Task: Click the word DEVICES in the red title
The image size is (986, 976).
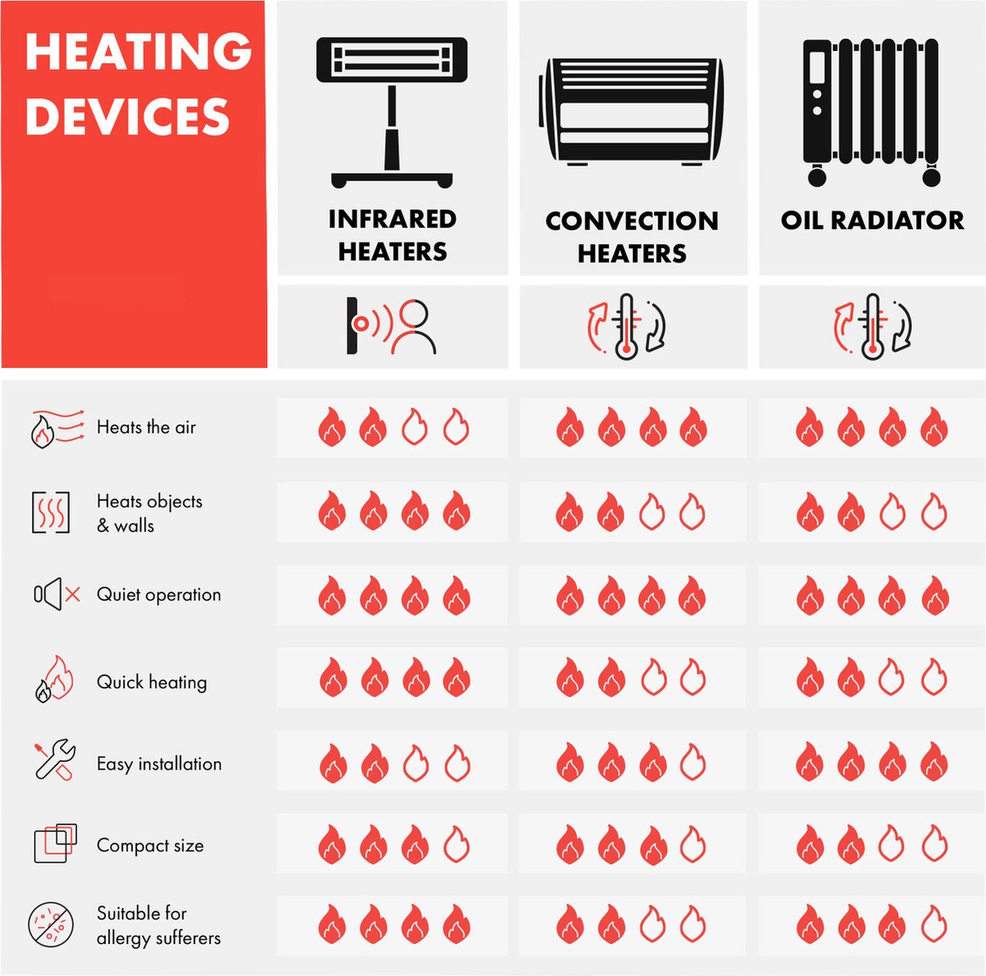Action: (x=127, y=116)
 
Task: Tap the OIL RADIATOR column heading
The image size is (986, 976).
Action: (x=872, y=220)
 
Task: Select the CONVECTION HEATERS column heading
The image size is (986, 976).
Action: (x=633, y=237)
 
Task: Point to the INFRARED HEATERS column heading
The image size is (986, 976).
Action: (x=393, y=236)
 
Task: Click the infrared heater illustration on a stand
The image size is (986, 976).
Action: (x=392, y=113)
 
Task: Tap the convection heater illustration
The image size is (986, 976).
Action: (x=631, y=112)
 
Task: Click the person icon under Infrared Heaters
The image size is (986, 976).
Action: (x=413, y=327)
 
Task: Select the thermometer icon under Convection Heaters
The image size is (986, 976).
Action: (x=626, y=326)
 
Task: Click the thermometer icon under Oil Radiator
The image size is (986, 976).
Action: (x=873, y=326)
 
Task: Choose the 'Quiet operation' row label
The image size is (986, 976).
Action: (x=159, y=595)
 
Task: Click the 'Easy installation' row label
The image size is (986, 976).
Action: (x=159, y=763)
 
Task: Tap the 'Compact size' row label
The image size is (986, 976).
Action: (x=150, y=845)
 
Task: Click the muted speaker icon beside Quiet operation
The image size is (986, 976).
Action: (x=57, y=594)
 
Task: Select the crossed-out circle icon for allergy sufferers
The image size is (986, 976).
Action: (x=51, y=925)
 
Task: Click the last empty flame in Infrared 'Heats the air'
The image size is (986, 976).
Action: (x=456, y=427)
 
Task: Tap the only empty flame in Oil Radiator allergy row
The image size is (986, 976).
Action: (x=933, y=924)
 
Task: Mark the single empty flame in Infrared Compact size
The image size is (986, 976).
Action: (x=456, y=845)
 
